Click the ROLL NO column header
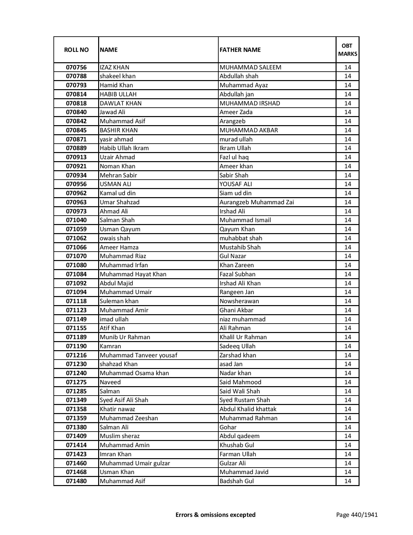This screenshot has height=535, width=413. pos(76,50)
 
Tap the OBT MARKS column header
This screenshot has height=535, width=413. pos(348,50)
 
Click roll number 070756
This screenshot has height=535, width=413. pos(76,67)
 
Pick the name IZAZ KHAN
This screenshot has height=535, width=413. pos(114,67)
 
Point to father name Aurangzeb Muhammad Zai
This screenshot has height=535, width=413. pos(257,202)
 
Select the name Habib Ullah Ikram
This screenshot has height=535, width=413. pos(124,148)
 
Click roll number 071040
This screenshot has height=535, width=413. pos(76,220)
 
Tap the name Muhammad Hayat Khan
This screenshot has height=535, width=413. pos(133,274)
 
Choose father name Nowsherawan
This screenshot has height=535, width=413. pos(239,301)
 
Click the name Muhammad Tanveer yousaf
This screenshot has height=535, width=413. pos(138,355)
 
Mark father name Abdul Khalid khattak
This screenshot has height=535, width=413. pos(248,409)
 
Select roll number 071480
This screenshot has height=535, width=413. pos(76,481)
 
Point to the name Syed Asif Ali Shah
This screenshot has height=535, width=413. pos(124,400)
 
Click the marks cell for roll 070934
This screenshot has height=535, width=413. pos(348,175)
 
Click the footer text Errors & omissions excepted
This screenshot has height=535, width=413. pos(215,515)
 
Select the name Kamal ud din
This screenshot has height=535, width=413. pos(118,193)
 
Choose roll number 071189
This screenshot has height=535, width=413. pos(76,337)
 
